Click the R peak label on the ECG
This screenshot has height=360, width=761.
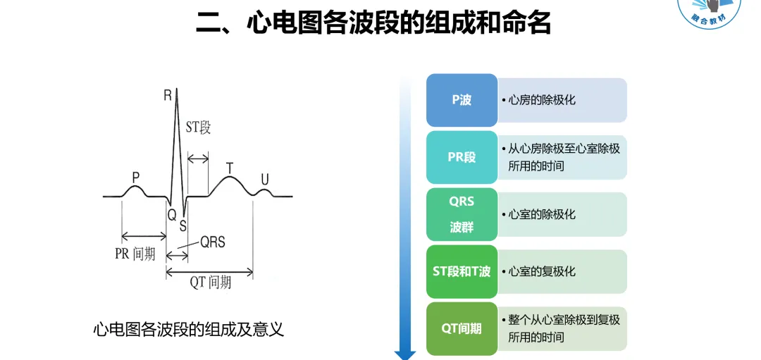click(x=168, y=94)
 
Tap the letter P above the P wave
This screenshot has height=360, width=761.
click(x=136, y=177)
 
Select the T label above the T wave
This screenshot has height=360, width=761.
click(x=229, y=168)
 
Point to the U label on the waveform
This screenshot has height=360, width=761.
click(x=265, y=180)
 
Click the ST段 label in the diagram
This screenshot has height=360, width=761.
click(x=198, y=128)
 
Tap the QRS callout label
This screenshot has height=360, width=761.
click(x=212, y=242)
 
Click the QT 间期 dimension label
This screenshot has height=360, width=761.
click(x=210, y=283)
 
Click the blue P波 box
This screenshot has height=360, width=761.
click(x=462, y=100)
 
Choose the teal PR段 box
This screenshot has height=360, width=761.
click(x=462, y=157)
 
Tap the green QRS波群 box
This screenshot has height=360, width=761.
click(x=462, y=214)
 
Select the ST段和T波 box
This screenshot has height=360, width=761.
click(x=462, y=271)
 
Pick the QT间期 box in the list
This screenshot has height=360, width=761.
click(x=462, y=328)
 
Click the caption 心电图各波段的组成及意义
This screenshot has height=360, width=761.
click(x=188, y=329)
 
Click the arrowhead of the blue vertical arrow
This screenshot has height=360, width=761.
click(x=404, y=354)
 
